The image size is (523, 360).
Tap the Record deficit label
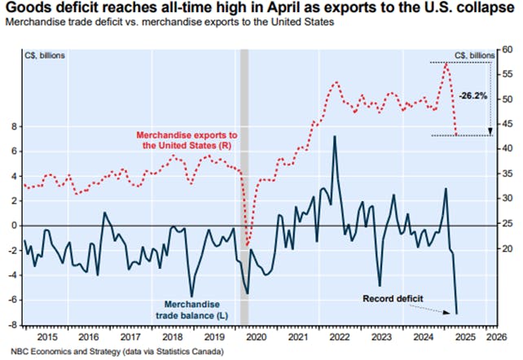coord(393,299)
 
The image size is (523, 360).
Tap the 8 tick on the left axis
coord(14,126)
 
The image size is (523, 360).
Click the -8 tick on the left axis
coord(12,325)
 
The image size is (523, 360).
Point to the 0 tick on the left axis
coord(14,226)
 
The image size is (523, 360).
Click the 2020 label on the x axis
coord(256,336)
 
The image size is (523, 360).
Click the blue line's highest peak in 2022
coord(334,136)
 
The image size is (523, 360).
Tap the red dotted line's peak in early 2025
coord(446,63)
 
